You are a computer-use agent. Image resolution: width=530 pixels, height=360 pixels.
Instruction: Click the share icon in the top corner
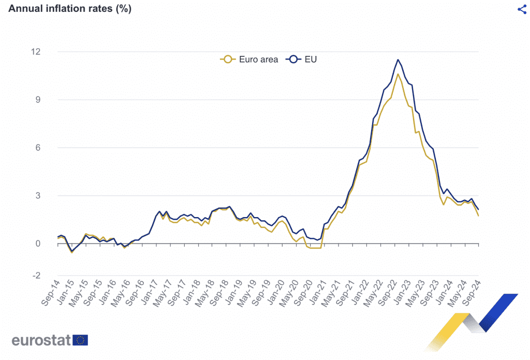point(522,9)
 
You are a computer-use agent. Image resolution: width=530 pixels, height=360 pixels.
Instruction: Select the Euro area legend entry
point(250,59)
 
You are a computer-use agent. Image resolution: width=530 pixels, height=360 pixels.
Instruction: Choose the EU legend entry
point(303,59)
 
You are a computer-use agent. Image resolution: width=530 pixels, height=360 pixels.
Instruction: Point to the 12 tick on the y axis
point(36,52)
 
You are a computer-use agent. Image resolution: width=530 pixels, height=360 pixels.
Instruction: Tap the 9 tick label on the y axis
point(38,99)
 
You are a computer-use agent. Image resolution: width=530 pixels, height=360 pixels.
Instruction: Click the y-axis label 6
point(38,148)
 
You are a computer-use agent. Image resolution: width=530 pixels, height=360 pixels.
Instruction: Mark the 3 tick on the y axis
point(38,196)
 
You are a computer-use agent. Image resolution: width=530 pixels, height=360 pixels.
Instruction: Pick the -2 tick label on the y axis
point(36,276)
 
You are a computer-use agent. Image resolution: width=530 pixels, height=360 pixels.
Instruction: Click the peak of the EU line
point(397,60)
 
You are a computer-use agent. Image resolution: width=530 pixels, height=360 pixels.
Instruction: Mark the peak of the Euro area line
point(397,74)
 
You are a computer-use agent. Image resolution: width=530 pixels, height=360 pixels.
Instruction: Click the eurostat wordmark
point(41,340)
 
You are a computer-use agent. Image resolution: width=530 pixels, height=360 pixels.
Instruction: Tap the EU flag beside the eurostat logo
point(80,340)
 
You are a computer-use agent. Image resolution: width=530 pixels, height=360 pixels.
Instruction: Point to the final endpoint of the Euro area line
point(478,215)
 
